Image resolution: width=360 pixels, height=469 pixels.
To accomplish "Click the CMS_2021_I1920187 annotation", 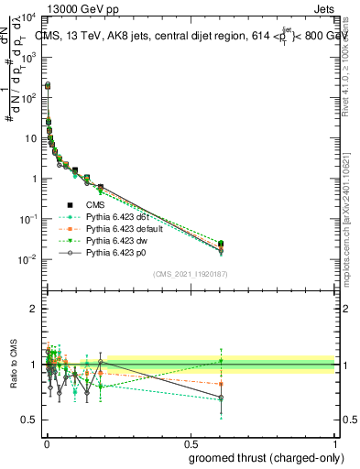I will pyautogui.click(x=190, y=273).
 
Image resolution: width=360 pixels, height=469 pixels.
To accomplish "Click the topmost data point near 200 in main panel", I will pyautogui.click(x=48, y=85).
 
